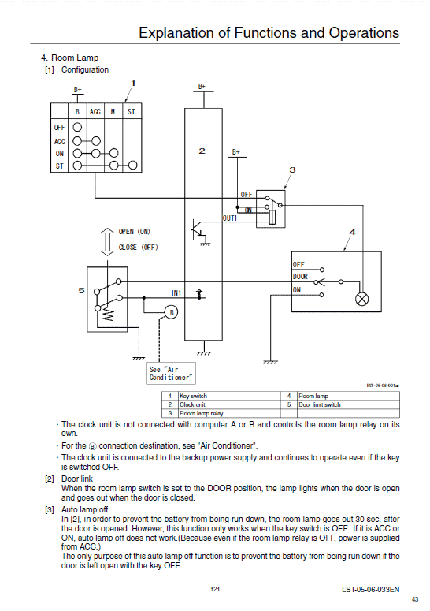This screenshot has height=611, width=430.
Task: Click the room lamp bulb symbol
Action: coord(362,299)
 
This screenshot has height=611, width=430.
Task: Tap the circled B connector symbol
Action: coord(172,312)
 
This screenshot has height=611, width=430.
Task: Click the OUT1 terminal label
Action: coord(230,218)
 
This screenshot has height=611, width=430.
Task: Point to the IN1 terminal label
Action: coord(176,292)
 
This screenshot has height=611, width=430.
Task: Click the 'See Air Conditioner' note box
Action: coord(171,374)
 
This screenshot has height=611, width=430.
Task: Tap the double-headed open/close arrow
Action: coord(107,241)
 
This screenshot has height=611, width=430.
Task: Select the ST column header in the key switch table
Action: coord(132,112)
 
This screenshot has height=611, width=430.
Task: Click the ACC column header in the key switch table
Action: coord(95,112)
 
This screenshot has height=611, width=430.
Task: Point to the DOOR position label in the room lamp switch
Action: coord(300,277)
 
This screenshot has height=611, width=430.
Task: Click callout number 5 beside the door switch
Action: coord(81,290)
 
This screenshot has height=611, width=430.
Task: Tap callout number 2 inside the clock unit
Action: coord(202,151)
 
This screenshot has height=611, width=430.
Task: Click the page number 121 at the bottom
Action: coord(215,589)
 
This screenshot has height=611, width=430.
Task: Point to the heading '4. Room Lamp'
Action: coord(69,58)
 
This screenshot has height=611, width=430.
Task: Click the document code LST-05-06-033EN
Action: coord(370,589)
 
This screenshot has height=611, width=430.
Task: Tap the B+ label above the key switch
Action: coord(78,90)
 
